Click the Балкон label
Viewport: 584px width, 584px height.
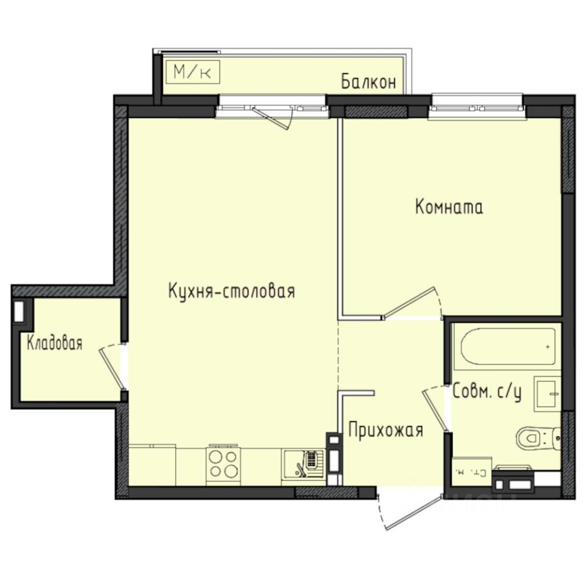point(369,82)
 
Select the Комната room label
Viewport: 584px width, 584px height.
point(449,207)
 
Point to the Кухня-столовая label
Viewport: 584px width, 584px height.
point(231,291)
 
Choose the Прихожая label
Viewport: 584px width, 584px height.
point(385,431)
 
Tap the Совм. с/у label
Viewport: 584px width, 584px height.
point(487,393)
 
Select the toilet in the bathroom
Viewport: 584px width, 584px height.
point(534,436)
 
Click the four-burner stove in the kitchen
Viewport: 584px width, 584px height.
point(223,464)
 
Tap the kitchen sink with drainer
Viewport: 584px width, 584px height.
point(302,465)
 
